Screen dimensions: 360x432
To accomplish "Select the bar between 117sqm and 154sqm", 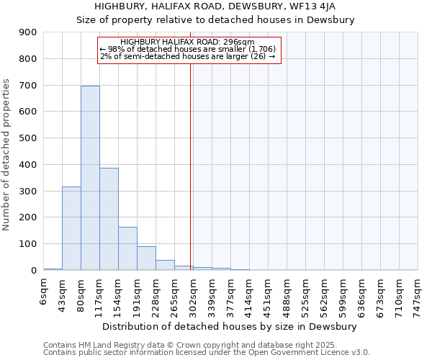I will (x=109, y=219).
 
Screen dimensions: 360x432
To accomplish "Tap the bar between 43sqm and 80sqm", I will (x=71, y=228).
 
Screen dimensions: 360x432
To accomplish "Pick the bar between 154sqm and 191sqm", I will (x=127, y=248).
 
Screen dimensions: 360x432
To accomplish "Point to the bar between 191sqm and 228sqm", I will (x=146, y=258).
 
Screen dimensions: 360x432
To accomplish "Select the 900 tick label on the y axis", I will (x=28, y=32).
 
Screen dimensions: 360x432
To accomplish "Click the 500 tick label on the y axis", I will (x=28, y=138).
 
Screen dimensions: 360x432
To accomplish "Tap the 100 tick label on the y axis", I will (x=28, y=244).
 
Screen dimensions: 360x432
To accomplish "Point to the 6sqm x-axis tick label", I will (x=43, y=293).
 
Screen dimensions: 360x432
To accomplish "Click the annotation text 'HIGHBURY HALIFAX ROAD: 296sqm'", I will (x=188, y=42).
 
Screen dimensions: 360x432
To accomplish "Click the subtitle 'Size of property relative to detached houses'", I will (x=216, y=19).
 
